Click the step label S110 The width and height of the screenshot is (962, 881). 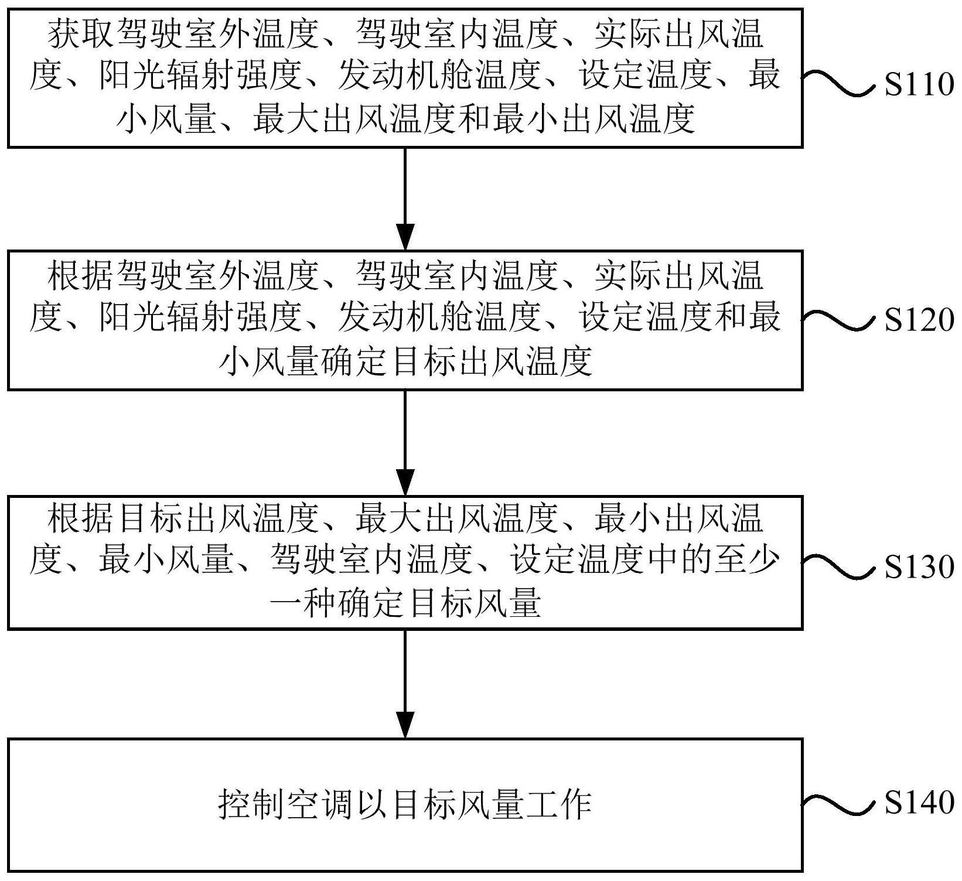(919, 85)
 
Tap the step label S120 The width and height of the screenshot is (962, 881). (919, 320)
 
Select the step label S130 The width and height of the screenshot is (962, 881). (919, 566)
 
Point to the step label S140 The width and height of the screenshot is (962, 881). (919, 802)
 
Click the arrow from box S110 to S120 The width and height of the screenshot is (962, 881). (405, 199)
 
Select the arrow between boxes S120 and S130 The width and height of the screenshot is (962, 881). (405, 443)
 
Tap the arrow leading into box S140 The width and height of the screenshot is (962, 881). (405, 684)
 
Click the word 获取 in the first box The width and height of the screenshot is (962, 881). (81, 33)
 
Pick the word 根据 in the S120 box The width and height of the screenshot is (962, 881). (81, 276)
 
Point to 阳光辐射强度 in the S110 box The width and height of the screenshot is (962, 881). (200, 77)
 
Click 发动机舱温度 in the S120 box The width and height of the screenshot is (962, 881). (439, 319)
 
